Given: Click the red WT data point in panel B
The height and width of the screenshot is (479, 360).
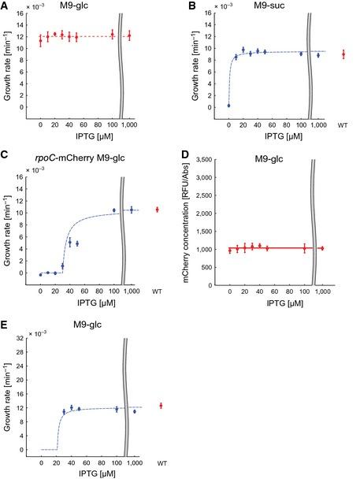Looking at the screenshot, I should pos(343,54).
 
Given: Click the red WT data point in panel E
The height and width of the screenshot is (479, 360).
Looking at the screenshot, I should pos(161,406).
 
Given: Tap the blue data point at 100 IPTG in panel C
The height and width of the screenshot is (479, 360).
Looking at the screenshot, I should pos(114,210).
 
